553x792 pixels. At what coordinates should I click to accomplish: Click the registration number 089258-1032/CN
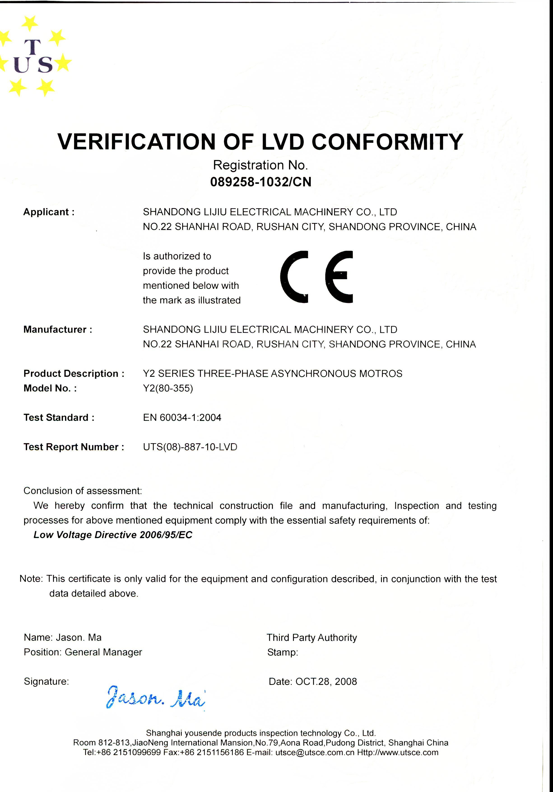261,182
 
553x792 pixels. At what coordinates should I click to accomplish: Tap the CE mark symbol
316,277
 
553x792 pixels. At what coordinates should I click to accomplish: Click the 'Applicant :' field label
49,212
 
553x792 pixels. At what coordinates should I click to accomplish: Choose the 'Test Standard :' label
59,417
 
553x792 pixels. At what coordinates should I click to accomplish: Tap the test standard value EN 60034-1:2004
182,417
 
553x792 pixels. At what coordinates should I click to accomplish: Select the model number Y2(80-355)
168,388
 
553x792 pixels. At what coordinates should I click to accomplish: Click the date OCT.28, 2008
326,681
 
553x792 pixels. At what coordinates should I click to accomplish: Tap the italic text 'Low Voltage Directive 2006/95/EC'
113,535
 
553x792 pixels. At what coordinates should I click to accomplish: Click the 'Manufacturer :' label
58,329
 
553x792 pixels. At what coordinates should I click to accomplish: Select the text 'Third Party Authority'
312,637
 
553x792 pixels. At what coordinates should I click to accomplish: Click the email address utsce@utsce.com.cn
315,752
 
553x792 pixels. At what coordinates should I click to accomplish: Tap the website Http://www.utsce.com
397,752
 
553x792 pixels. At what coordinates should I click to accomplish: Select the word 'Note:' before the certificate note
31,579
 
